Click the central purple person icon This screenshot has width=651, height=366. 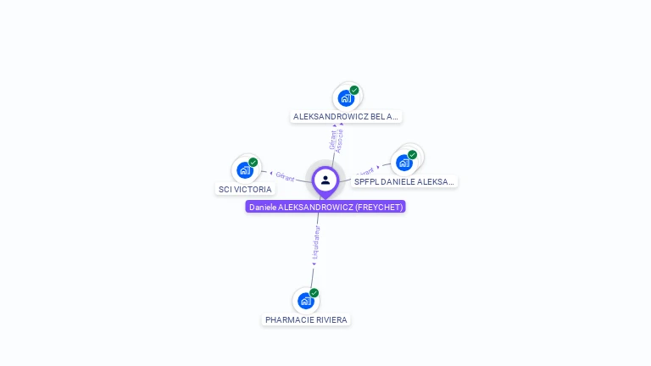coord(325,180)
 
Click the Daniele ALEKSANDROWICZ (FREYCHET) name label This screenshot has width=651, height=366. coord(325,207)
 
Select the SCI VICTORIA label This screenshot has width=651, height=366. coord(245,189)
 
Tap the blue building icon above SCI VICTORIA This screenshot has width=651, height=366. coord(245,169)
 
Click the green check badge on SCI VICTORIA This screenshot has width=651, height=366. coord(253,162)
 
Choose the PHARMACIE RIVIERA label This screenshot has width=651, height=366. coord(306,319)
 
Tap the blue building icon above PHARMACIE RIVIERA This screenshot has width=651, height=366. coord(305,301)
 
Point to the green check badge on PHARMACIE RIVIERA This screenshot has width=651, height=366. coord(314,293)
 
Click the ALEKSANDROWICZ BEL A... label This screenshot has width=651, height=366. coord(346,116)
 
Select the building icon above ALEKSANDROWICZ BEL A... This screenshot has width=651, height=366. coord(346,97)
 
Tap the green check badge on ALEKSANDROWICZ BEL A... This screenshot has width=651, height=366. coord(354,90)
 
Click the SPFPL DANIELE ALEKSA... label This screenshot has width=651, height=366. coord(404,181)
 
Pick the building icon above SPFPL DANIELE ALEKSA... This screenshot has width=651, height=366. coord(403,162)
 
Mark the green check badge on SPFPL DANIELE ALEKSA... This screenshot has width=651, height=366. coord(413,154)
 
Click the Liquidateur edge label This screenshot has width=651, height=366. coord(316,241)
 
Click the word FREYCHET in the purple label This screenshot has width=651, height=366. coord(379,207)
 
